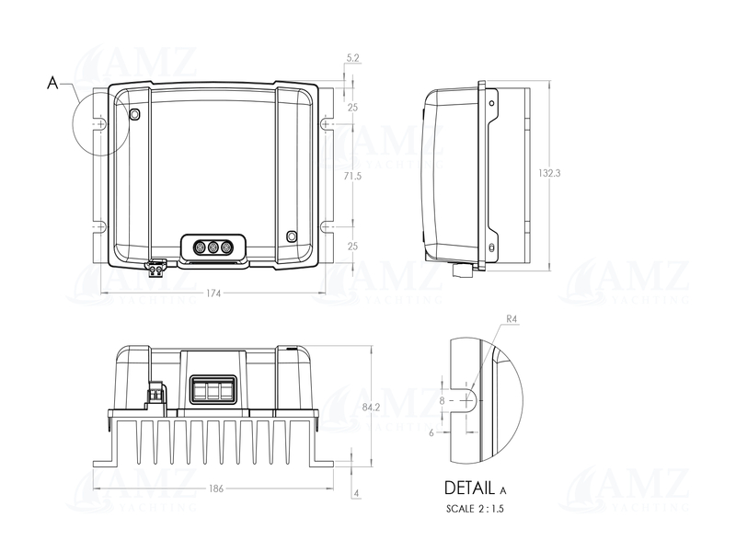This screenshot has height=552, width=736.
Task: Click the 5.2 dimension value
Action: [x=353, y=58]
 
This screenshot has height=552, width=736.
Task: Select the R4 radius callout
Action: [x=512, y=321]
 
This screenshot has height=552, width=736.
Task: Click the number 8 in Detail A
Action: [x=443, y=401]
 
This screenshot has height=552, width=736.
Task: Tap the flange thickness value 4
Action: [x=356, y=494]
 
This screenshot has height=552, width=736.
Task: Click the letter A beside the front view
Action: [x=52, y=84]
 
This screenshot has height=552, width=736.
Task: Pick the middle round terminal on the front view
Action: [x=213, y=247]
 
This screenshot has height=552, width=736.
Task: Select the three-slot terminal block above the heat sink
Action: [x=212, y=389]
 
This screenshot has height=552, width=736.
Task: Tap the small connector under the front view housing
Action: [x=155, y=269]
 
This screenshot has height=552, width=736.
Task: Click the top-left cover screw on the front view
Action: [x=134, y=114]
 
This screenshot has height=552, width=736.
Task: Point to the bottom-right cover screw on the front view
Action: [x=293, y=236]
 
